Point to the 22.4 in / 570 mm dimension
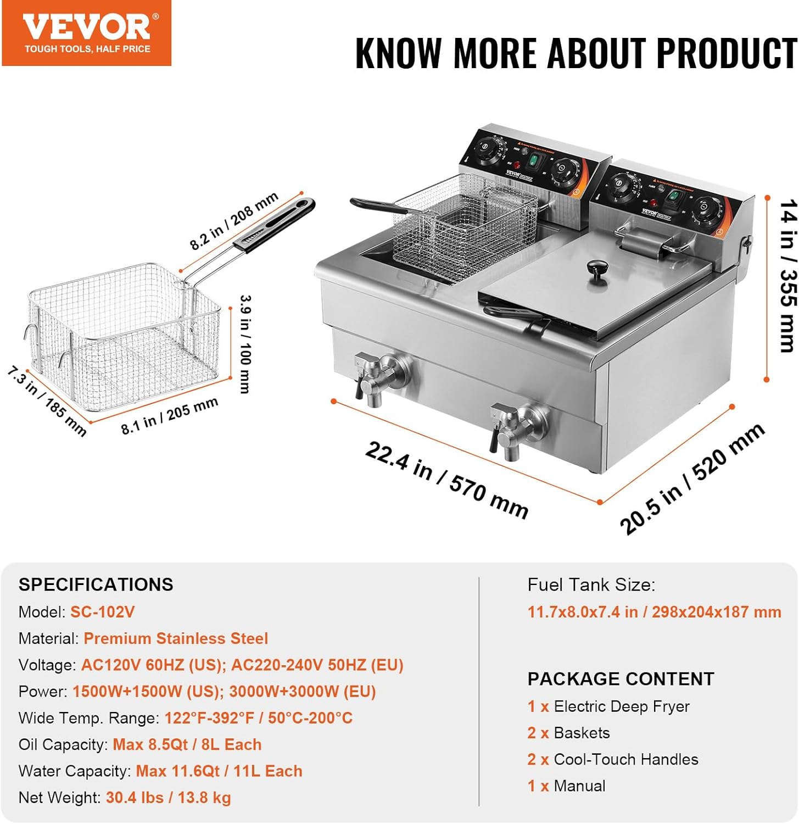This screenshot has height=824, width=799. pyautogui.click(x=446, y=480)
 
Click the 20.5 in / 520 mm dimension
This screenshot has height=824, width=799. pyautogui.click(x=692, y=478)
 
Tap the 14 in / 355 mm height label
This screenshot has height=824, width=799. pyautogui.click(x=788, y=276)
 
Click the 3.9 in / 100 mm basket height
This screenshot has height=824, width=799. pyautogui.click(x=245, y=344)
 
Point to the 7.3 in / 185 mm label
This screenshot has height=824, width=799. pyautogui.click(x=47, y=402)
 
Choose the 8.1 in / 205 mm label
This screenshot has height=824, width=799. pyautogui.click(x=170, y=415)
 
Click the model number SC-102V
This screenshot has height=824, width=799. pyautogui.click(x=102, y=612)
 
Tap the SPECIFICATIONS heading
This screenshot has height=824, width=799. pyautogui.click(x=96, y=584)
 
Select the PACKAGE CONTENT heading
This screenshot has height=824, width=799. pyautogui.click(x=621, y=679)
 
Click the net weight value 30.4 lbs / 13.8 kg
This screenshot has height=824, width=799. pyautogui.click(x=168, y=798)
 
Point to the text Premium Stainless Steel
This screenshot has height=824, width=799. pyautogui.click(x=176, y=638)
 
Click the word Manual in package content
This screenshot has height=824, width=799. pyautogui.click(x=579, y=786)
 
